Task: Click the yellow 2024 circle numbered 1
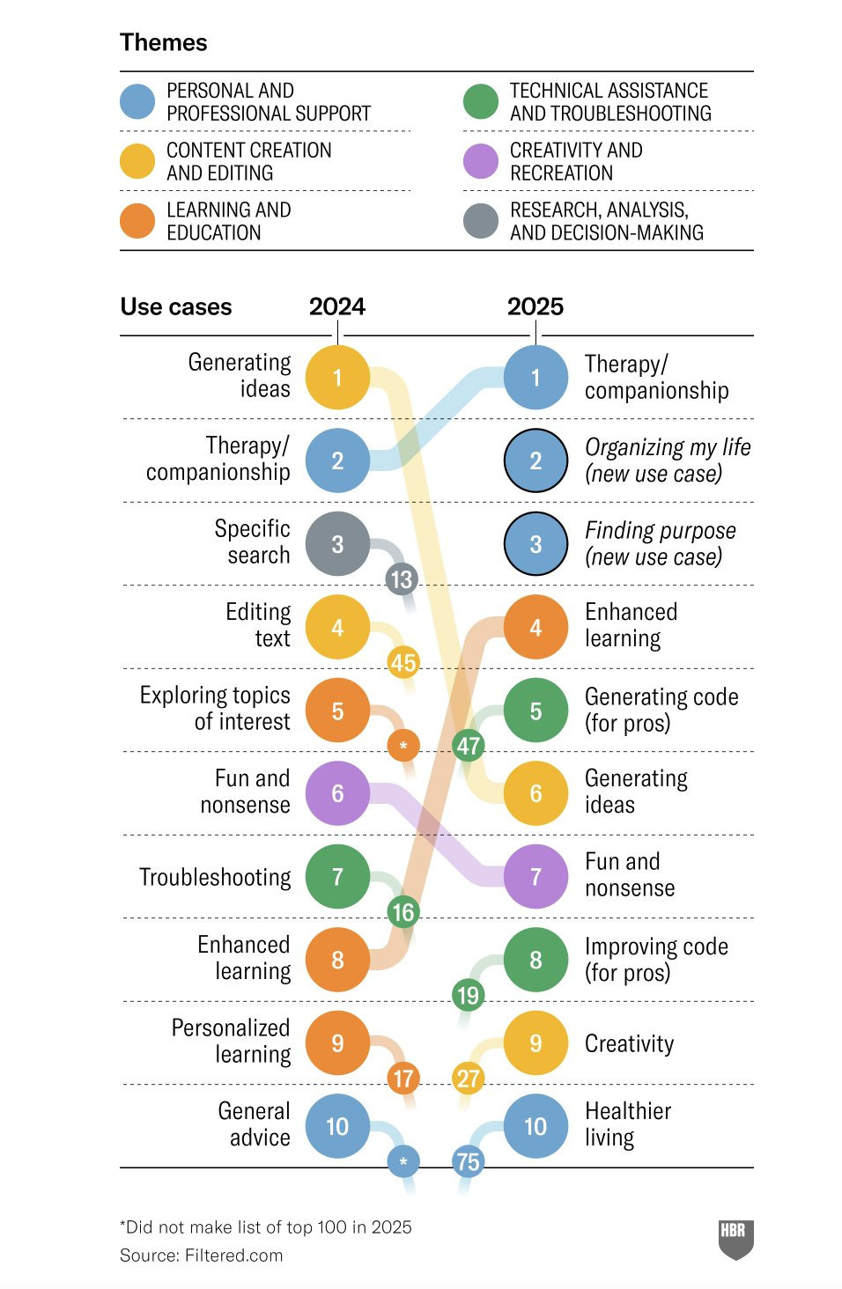coord(337,378)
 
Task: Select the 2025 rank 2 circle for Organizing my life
coord(535,460)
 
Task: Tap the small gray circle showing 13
coord(402,579)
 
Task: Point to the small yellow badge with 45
coord(403,662)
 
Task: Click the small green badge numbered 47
coord(468,746)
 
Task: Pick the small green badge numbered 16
coord(403,912)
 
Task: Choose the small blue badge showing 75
coord(468,1161)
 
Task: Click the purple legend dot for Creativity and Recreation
coord(481,161)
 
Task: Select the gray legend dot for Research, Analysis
coord(481,221)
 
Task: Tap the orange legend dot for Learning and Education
coord(137,221)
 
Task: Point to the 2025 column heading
coord(535,306)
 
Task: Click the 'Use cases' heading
coord(176,306)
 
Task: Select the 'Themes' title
coord(164,42)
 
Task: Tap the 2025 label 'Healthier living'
coord(628,1124)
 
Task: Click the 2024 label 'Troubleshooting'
coord(215,877)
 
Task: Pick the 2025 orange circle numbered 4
coord(535,627)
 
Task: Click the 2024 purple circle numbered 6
coord(337,793)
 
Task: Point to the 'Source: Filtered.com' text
coord(202,1255)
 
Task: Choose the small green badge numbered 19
coord(468,995)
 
